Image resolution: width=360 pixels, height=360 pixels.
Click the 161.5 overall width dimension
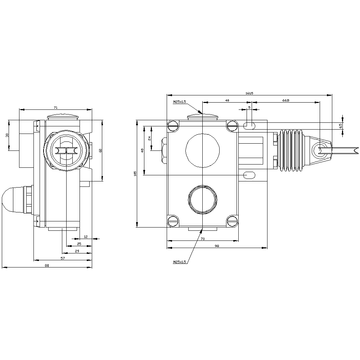tap(249, 93)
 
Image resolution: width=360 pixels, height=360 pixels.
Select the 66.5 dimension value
tap(285, 100)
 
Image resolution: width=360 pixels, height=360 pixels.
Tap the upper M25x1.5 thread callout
tap(179, 102)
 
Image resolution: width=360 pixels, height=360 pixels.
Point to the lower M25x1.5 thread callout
tap(179, 262)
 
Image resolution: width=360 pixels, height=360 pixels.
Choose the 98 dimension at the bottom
tap(217, 246)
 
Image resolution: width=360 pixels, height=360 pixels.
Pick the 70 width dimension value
tap(203, 239)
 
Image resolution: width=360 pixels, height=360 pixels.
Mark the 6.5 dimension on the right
tap(340, 126)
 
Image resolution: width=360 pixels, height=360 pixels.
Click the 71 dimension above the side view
tap(55, 107)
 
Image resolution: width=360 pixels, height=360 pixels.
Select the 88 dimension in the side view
tap(47, 266)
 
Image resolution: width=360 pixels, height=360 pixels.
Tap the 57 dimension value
tap(62, 258)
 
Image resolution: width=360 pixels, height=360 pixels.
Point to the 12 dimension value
tap(85, 237)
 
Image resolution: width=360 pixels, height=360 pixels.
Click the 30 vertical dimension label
tap(7, 135)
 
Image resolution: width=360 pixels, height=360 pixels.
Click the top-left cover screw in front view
tap(173, 126)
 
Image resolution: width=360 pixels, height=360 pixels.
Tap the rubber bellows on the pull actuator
tap(291, 149)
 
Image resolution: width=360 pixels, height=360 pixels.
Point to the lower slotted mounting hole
tap(249, 175)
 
